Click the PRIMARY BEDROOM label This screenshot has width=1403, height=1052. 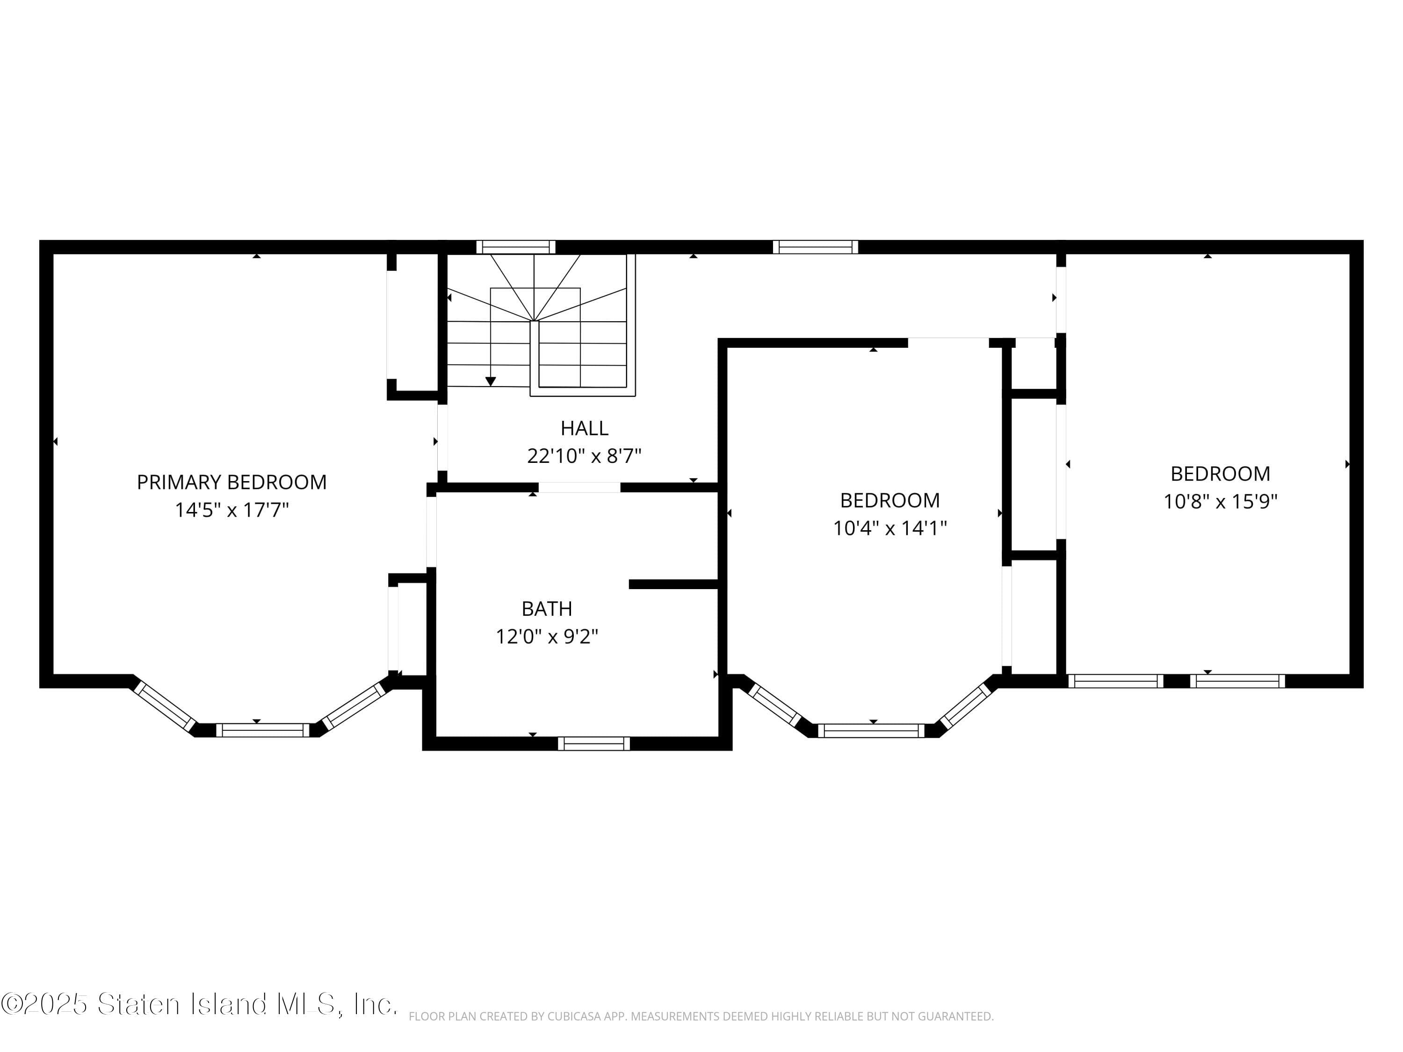click(231, 482)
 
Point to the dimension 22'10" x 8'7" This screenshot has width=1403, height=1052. click(584, 456)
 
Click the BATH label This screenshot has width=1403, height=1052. click(547, 609)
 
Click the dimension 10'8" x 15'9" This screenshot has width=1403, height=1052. click(1220, 502)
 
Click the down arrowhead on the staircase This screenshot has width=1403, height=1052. click(490, 381)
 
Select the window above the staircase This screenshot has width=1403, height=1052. click(516, 247)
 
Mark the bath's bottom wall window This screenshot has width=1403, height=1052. click(593, 743)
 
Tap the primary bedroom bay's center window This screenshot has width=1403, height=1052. click(262, 730)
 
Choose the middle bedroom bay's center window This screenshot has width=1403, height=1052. click(871, 730)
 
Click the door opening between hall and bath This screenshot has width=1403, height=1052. click(579, 487)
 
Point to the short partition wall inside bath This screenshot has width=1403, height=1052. click(673, 584)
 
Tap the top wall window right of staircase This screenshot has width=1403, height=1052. click(815, 247)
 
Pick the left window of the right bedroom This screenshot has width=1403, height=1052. click(1116, 681)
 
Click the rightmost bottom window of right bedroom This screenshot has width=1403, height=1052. click(1237, 681)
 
